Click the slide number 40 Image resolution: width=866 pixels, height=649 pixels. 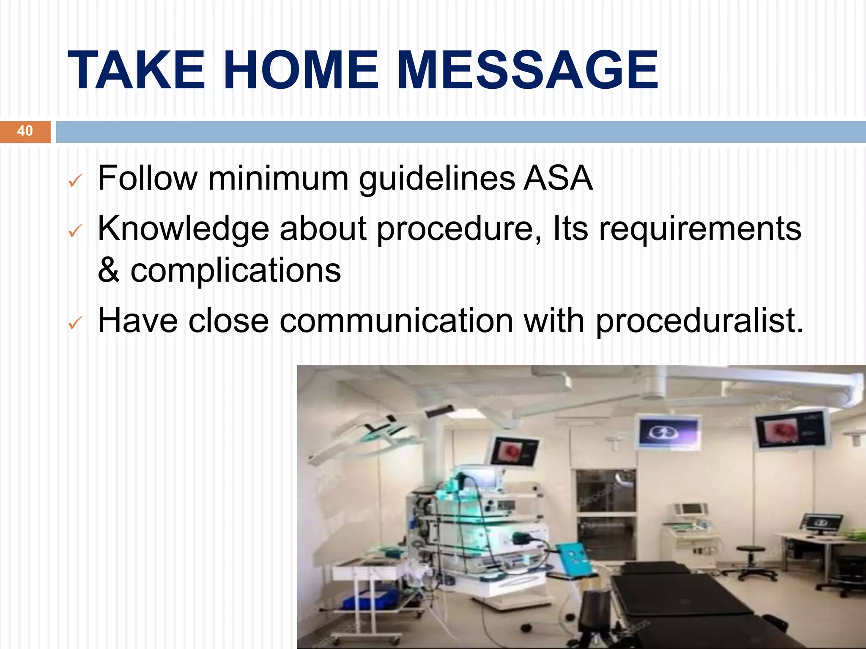coord(25,131)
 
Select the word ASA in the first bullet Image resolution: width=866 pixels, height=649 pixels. coord(558,178)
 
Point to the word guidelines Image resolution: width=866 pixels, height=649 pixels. coord(437,180)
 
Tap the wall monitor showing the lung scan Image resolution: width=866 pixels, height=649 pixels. coord(668,432)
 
